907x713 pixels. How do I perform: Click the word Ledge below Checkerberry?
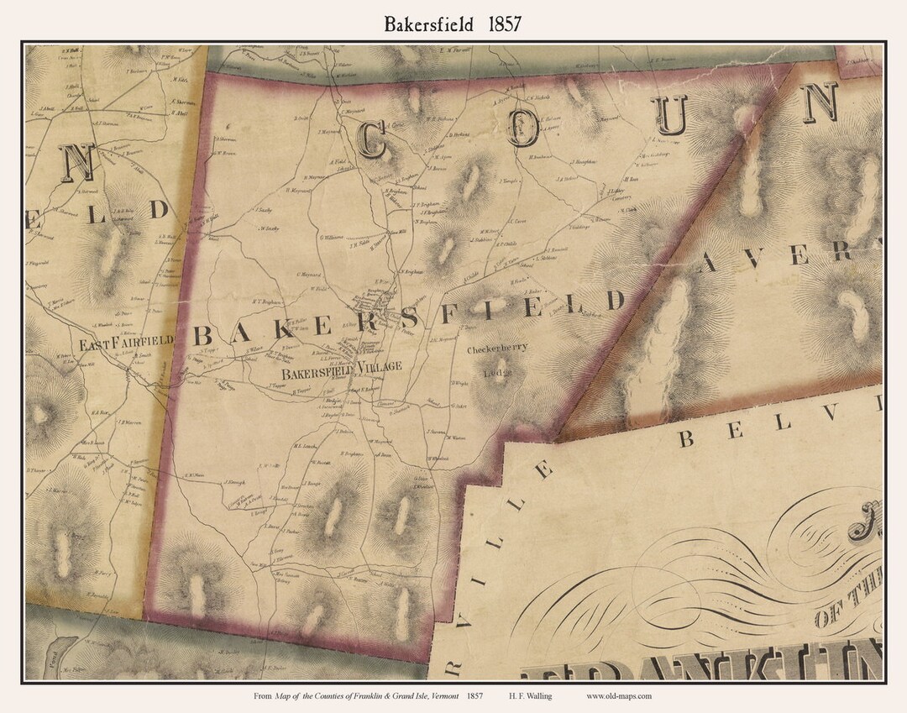coord(497,372)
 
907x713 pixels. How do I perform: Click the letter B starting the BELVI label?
coord(688,438)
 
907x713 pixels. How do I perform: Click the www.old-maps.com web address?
coord(618,695)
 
